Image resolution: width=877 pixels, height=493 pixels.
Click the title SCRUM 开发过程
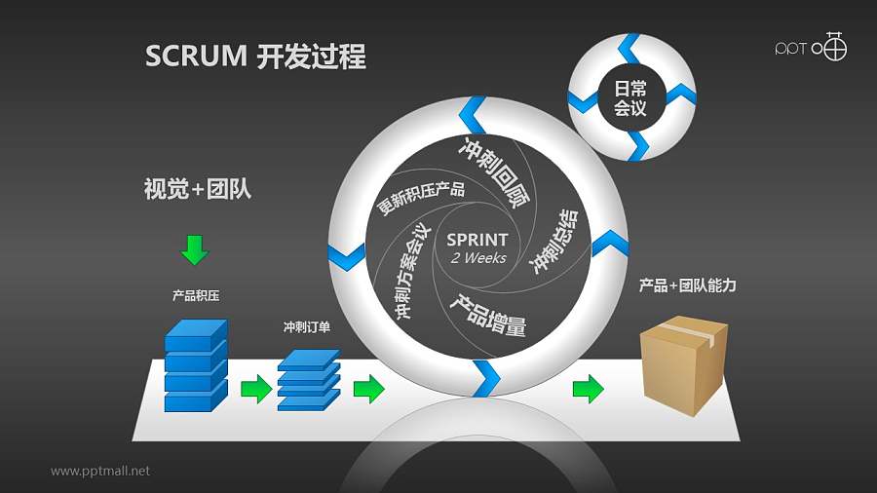pyautogui.click(x=255, y=57)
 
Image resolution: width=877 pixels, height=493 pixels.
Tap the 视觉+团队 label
pyautogui.click(x=197, y=189)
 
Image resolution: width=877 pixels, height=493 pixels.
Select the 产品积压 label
pyautogui.click(x=195, y=295)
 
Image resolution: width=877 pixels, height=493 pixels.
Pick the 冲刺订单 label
pyautogui.click(x=306, y=327)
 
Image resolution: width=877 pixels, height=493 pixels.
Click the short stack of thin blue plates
pyautogui.click(x=308, y=381)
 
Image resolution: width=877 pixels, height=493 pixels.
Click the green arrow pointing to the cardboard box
pyautogui.click(x=588, y=389)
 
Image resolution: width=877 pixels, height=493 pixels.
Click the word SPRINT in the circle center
pyautogui.click(x=477, y=240)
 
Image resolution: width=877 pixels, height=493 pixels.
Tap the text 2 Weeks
pyautogui.click(x=477, y=258)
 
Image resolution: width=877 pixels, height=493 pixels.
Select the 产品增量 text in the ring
pyautogui.click(x=487, y=315)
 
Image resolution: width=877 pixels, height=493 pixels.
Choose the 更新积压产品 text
pyautogui.click(x=420, y=198)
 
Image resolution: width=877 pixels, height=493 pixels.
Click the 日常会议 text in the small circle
pyautogui.click(x=630, y=98)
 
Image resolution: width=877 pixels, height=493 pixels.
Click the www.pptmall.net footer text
pyautogui.click(x=100, y=471)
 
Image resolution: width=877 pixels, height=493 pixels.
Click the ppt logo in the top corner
pyautogui.click(x=810, y=47)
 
